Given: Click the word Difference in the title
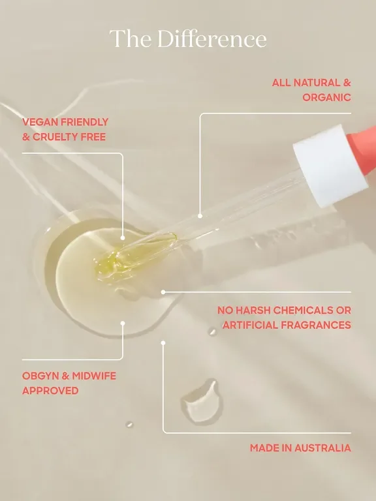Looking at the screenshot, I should pos(210,38).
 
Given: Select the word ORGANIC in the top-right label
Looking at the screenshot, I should pos(326,97).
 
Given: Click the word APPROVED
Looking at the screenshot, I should pos(50,391).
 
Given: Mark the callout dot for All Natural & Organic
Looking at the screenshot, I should pos(200,215).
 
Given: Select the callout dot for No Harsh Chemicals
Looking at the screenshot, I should pos(163,292).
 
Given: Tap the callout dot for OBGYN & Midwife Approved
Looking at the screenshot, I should pos(123,322).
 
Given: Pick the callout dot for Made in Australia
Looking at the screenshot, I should pos(163,342).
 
